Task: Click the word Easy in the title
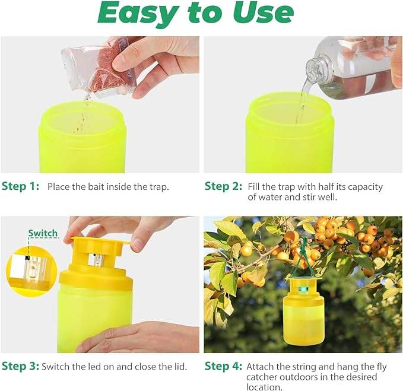point(138,14)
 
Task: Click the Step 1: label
point(21,186)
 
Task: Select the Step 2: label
point(223,186)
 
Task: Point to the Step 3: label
point(21,366)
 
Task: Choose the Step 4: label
point(223,366)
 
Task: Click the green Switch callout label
point(43,233)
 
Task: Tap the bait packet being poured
point(99,67)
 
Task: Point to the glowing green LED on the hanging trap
point(303,290)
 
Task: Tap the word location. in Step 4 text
point(264,387)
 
